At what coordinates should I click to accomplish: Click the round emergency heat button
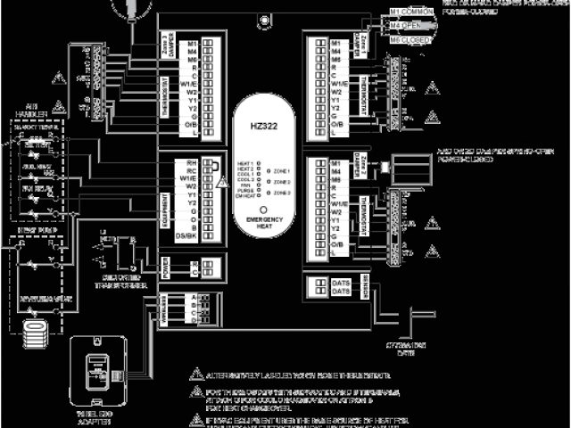[264, 208]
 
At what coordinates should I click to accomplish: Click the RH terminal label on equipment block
[191, 164]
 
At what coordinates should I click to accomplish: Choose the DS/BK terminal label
[187, 235]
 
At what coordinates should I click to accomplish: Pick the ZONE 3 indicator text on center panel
[282, 192]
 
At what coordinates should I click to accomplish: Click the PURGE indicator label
[245, 189]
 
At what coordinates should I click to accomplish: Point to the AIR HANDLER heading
[30, 111]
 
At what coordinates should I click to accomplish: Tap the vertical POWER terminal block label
[166, 267]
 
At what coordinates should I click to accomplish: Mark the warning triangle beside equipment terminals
[222, 181]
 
